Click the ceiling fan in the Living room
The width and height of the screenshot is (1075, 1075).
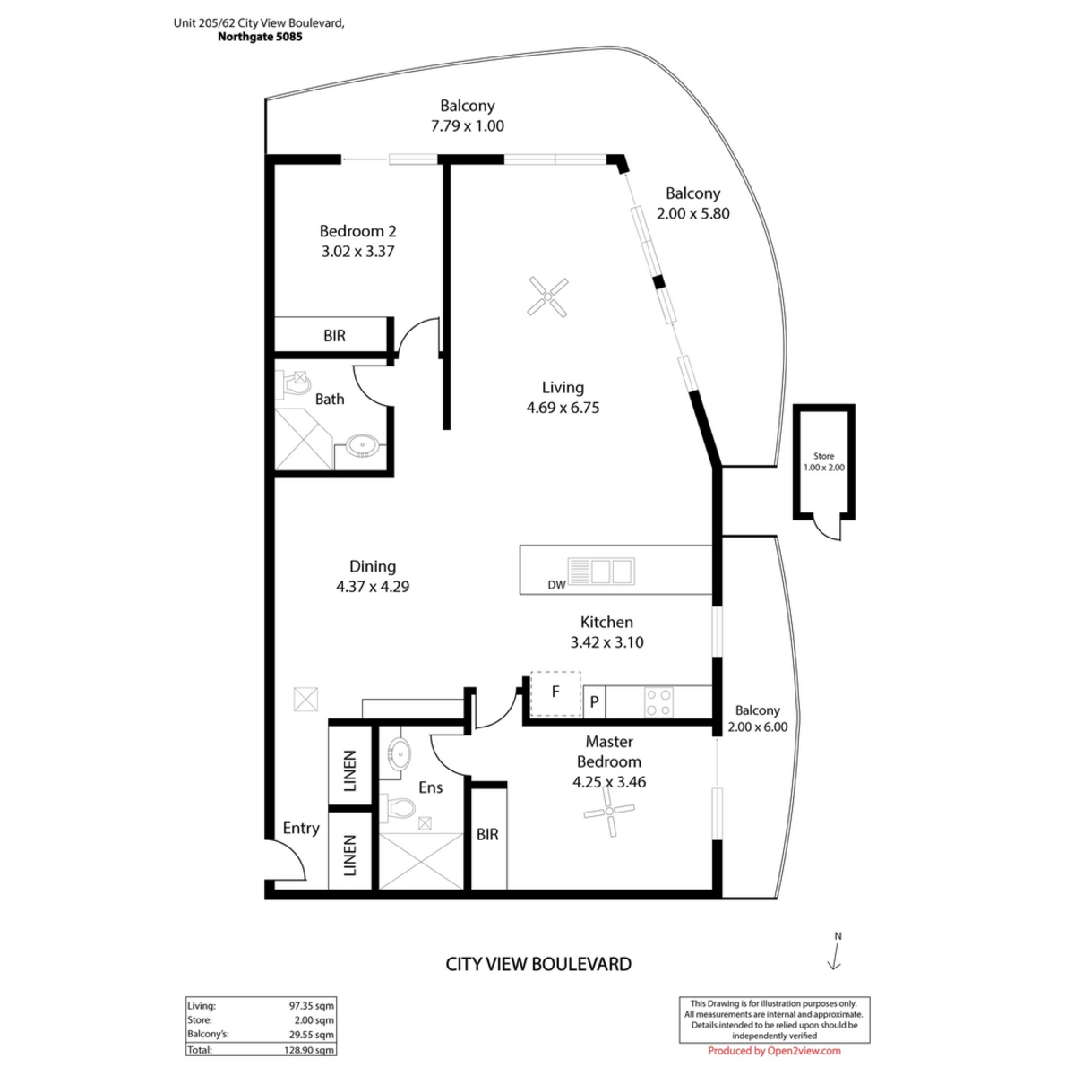(547, 297)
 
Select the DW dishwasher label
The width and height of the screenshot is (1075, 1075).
(556, 585)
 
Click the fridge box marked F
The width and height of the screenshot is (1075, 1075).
(555, 693)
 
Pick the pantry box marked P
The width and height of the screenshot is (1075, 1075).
(594, 701)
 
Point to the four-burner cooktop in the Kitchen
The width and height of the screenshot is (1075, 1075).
(658, 701)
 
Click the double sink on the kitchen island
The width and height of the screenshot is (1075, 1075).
(601, 572)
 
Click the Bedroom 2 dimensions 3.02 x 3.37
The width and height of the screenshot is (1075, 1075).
(357, 251)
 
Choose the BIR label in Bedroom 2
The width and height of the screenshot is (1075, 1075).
(334, 335)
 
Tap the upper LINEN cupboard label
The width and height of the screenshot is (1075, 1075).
(349, 771)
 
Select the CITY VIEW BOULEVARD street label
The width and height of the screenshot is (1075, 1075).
(538, 963)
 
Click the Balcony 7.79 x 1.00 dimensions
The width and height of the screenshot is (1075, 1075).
(467, 125)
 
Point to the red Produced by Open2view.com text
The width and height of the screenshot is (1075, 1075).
(774, 1051)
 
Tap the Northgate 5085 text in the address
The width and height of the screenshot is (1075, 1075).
(260, 37)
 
